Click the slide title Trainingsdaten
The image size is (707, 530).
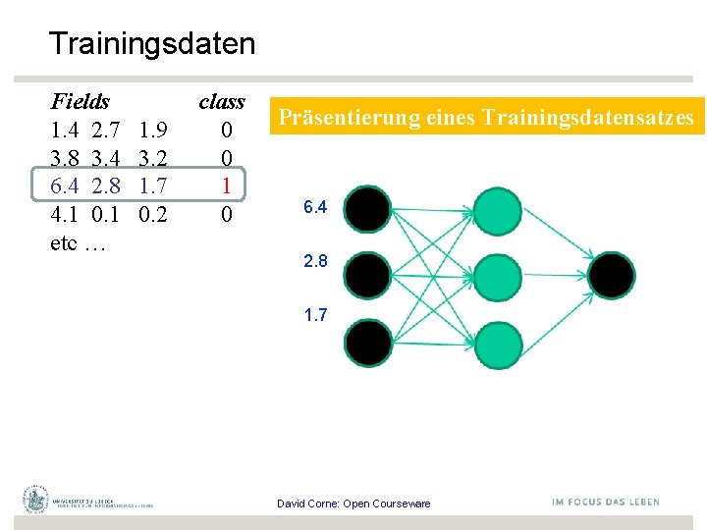click(x=151, y=44)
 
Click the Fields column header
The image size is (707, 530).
click(x=80, y=101)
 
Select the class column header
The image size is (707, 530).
click(x=222, y=101)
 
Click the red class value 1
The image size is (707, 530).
click(x=226, y=185)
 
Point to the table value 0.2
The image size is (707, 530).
click(x=152, y=214)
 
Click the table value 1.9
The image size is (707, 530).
click(x=152, y=130)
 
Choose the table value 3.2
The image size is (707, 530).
click(x=152, y=158)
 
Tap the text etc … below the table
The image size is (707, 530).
click(x=78, y=242)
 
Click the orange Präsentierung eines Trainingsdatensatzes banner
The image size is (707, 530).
click(x=486, y=118)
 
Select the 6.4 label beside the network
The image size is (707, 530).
click(x=315, y=207)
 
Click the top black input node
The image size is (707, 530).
click(x=366, y=209)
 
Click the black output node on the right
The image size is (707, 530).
click(x=612, y=276)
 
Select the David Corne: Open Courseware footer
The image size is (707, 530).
click(x=353, y=503)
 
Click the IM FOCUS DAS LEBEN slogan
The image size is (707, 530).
click(x=606, y=502)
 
